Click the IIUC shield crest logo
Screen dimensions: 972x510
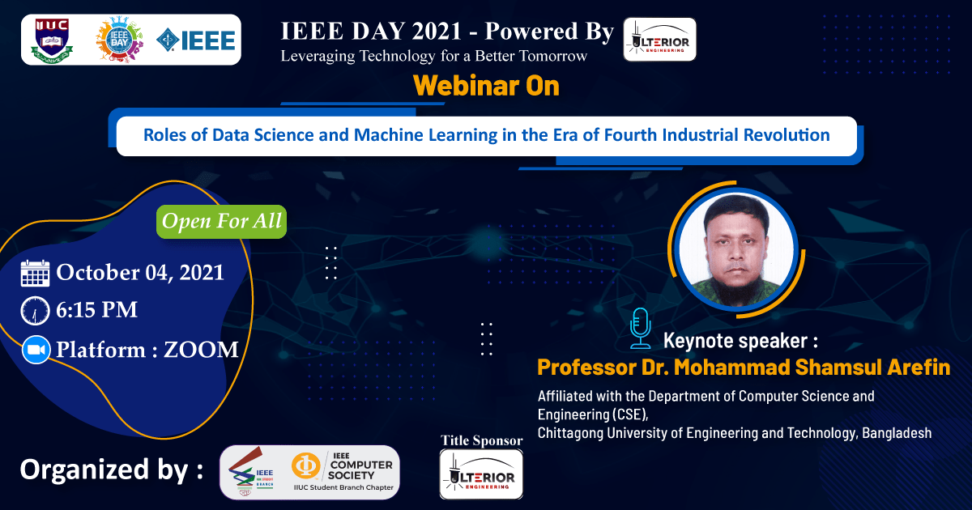(52, 40)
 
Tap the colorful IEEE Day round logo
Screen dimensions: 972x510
(119, 40)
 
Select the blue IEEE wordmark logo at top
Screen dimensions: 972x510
(196, 40)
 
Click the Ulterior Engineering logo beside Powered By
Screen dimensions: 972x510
(659, 40)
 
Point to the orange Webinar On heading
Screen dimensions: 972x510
(487, 86)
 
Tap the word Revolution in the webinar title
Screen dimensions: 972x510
(787, 135)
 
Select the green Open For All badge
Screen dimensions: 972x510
(221, 221)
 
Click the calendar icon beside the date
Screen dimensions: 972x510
(35, 274)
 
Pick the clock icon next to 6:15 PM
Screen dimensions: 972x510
(35, 311)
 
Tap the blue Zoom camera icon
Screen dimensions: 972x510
(36, 350)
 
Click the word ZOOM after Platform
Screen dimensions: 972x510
(201, 350)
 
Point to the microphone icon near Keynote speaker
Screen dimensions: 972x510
(641, 328)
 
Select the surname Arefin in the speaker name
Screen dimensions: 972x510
(919, 367)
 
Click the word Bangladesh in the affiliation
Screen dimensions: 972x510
(897, 433)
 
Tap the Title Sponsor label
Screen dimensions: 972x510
(482, 440)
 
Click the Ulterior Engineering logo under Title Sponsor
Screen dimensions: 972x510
(481, 474)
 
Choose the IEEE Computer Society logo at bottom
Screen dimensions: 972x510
(343, 472)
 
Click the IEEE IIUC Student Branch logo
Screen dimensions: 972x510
(251, 472)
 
